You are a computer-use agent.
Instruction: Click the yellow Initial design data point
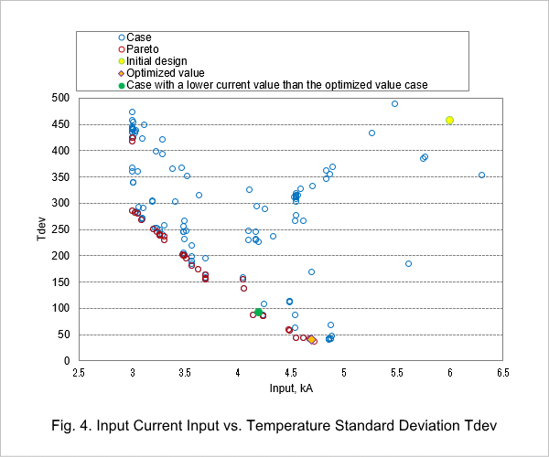[449, 121]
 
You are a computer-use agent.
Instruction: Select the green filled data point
[258, 312]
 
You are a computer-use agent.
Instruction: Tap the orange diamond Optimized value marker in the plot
[311, 339]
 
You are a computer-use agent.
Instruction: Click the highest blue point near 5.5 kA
[394, 104]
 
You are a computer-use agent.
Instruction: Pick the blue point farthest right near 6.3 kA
[481, 175]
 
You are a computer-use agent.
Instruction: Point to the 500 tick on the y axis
[60, 98]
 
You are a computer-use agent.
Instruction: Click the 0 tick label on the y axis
[67, 360]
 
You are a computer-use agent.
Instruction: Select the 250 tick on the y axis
[60, 229]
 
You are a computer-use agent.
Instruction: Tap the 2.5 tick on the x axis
[79, 373]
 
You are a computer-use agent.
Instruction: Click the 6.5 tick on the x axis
[502, 373]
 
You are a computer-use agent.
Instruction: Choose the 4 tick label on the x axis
[238, 373]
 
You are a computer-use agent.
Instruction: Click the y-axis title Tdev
[41, 228]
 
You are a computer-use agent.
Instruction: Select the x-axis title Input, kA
[291, 388]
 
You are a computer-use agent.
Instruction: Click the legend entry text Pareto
[142, 49]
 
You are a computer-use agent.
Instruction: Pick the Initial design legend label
[156, 61]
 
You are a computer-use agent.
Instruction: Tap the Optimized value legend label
[166, 73]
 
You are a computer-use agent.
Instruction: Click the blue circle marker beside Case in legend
[122, 37]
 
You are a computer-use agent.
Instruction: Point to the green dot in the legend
[122, 85]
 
